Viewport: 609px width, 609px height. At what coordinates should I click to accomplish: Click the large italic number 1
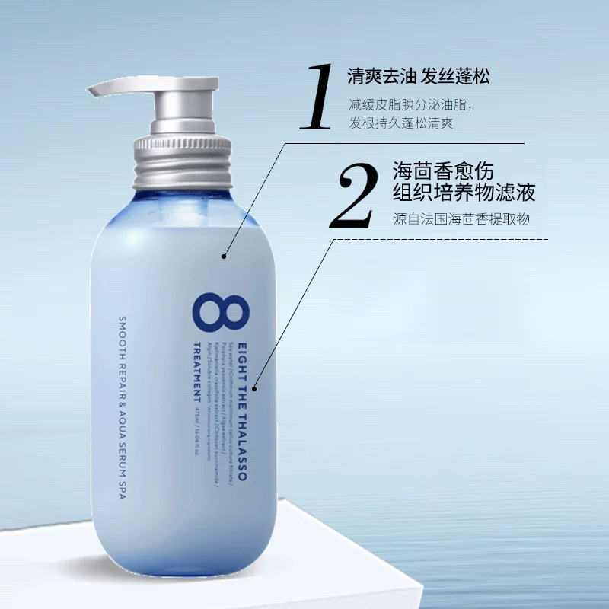point(314,97)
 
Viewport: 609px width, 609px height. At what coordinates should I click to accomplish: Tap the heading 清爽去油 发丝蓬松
point(418,76)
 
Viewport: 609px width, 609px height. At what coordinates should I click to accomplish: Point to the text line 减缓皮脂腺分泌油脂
point(410,104)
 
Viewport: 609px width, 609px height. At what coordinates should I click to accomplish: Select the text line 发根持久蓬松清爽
point(401,123)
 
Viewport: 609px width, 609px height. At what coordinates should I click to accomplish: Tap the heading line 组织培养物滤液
point(464,193)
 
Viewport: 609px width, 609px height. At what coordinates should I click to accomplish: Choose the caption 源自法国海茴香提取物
point(461,218)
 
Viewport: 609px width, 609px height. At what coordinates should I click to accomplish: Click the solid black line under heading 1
point(403,142)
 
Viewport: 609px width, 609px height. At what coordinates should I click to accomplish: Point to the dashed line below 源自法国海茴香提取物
point(442,239)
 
